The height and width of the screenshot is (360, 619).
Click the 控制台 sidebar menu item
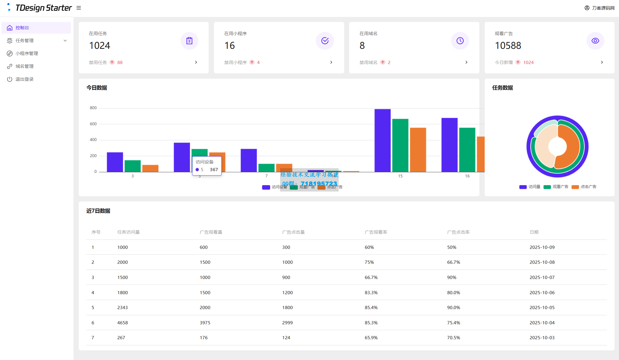[x=22, y=28]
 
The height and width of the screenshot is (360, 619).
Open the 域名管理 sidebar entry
[x=25, y=66]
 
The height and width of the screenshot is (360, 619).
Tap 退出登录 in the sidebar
[x=25, y=79]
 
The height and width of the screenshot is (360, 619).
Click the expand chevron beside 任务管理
[x=65, y=41]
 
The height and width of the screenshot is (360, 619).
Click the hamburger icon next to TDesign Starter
[x=79, y=8]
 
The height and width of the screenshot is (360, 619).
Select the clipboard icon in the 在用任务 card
[x=189, y=41]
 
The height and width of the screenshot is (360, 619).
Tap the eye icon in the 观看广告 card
[x=595, y=41]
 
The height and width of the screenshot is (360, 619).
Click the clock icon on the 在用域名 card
[x=460, y=41]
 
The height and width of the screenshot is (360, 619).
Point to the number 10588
[x=508, y=46]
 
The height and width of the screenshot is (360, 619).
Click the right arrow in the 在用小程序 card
[x=331, y=62]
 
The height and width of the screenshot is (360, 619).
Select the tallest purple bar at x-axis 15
[x=382, y=140]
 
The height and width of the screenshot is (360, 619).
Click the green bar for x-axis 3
[x=133, y=166]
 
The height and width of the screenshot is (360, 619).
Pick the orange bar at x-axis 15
[x=418, y=149]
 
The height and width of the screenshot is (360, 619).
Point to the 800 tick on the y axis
[x=93, y=108]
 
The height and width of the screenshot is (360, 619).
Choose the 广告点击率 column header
[x=458, y=232]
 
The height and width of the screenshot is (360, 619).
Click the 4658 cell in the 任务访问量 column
[x=122, y=323]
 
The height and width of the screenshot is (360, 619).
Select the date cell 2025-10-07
[x=542, y=278]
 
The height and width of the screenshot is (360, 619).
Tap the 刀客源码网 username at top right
[x=603, y=8]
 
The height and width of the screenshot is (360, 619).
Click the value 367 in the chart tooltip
[x=214, y=170]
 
